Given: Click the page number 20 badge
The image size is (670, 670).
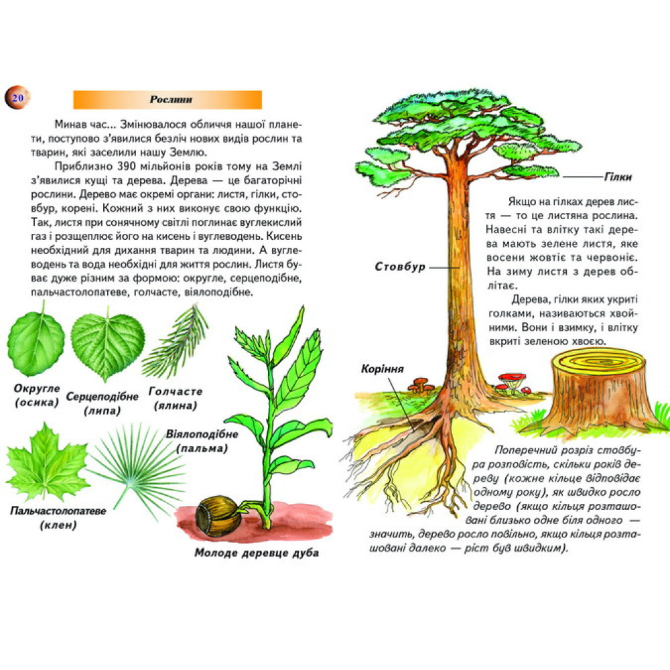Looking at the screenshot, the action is (x=17, y=98).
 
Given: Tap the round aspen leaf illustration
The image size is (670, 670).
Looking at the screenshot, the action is (x=36, y=340).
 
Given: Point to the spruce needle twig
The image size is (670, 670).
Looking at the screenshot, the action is (x=175, y=342).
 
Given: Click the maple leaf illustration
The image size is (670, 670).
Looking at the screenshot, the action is (x=47, y=462).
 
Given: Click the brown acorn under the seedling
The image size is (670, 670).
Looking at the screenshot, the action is (x=218, y=516).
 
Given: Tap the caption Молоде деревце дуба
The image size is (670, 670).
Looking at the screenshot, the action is (x=257, y=553).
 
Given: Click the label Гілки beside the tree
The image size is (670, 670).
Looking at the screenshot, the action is (x=618, y=177).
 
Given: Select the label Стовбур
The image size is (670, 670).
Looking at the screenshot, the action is (x=400, y=267).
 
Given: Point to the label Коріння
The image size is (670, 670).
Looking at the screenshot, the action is (x=383, y=368).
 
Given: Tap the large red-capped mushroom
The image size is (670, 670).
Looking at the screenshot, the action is (x=512, y=381).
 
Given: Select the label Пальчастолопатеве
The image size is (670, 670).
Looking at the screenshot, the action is (x=58, y=511).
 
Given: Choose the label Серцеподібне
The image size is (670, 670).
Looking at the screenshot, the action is (x=102, y=397).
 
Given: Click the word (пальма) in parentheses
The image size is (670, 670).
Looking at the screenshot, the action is (x=202, y=449).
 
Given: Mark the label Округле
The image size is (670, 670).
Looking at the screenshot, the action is (x=37, y=389).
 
